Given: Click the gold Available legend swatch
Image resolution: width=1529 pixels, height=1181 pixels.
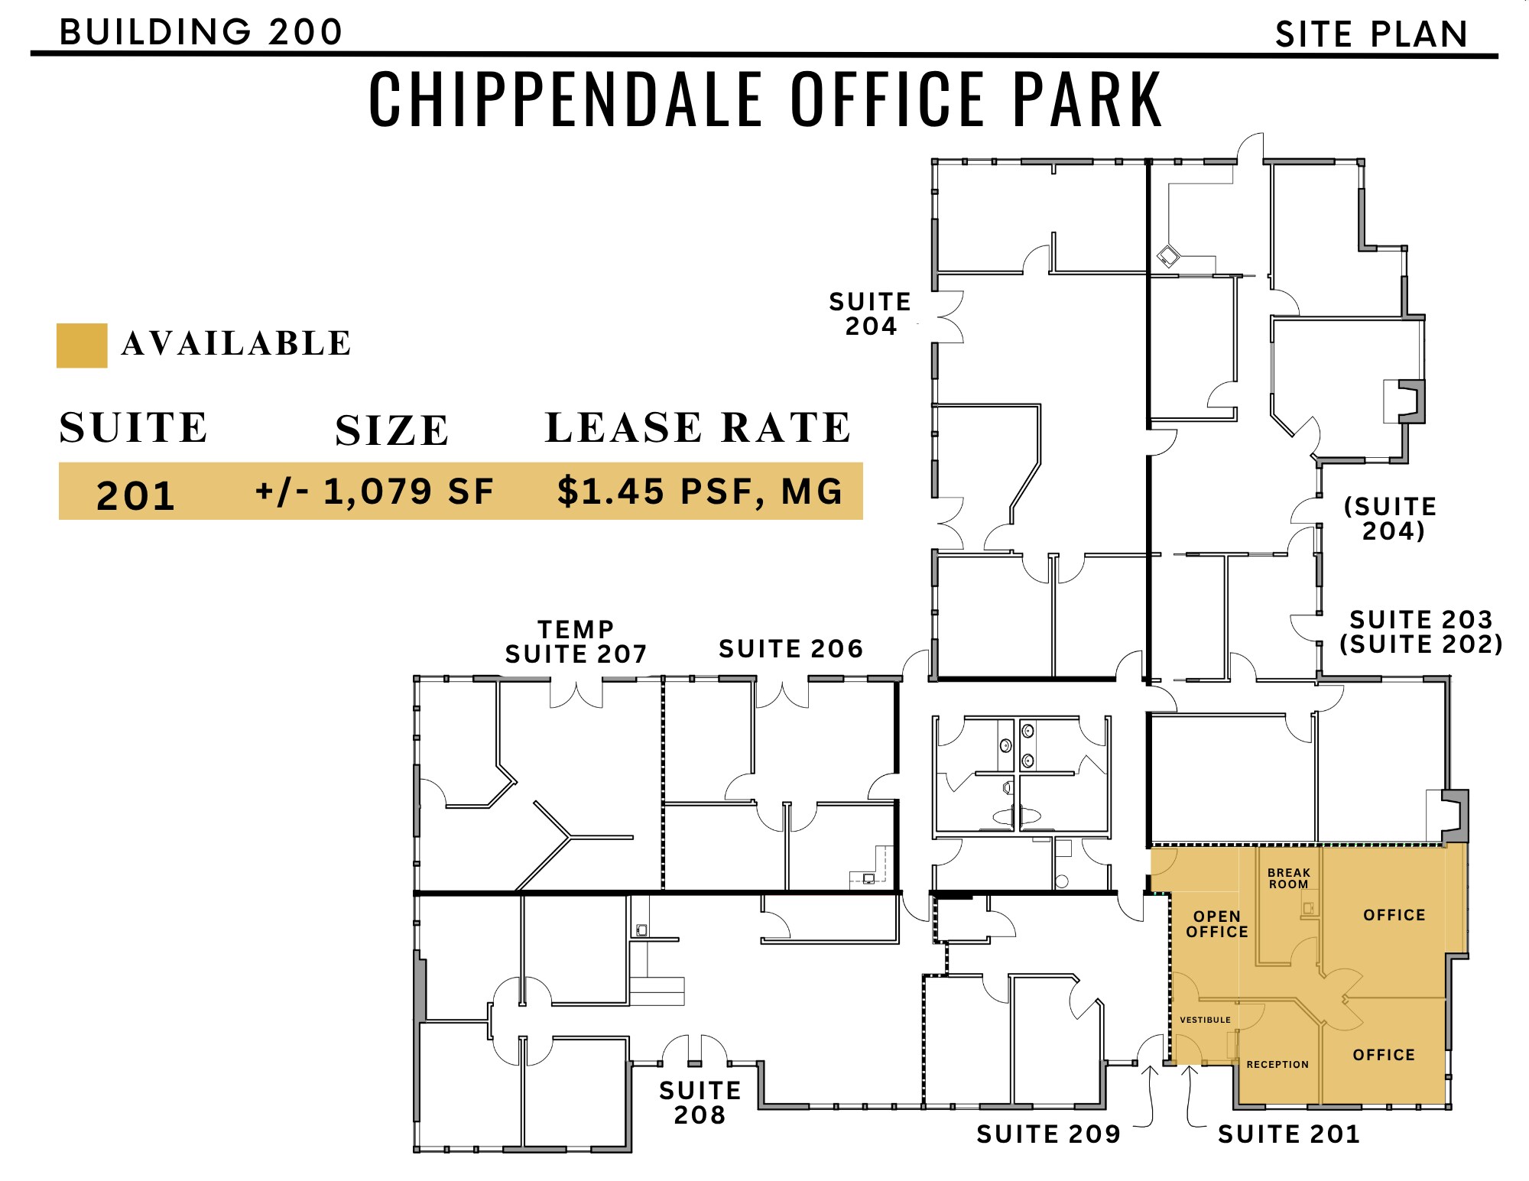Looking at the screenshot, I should coord(82,346).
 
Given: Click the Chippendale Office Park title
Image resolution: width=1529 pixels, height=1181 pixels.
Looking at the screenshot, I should coord(764,99).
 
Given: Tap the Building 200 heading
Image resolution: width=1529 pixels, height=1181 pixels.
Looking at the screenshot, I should coord(200,32).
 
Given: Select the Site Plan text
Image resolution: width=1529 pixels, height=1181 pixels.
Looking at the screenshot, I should coord(1372,34).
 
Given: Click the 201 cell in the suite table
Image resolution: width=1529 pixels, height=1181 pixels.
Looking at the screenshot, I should coord(135,495).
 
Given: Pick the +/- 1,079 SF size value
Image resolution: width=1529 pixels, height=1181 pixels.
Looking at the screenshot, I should coord(375,492).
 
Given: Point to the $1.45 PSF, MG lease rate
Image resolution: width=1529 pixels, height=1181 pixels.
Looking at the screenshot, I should coord(700,492).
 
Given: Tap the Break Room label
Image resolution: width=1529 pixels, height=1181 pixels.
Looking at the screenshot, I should coord(1289,878).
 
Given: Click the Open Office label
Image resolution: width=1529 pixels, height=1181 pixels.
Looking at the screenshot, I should coord(1217,923).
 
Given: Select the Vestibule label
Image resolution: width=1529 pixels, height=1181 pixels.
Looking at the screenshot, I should coord(1205,1020).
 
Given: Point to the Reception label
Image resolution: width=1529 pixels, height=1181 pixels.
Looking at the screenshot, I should coord(1277,1064).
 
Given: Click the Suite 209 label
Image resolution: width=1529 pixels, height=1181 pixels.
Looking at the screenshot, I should coord(1048,1134).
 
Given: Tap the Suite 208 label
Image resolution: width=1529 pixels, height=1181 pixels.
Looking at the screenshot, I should coord(700,1102).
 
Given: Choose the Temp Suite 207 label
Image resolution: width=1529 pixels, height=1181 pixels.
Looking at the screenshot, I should coord(576,642).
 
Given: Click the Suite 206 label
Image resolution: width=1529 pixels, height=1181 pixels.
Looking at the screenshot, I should coord(790,649).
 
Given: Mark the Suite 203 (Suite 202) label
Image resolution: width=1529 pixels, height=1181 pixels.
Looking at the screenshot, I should coord(1421,631).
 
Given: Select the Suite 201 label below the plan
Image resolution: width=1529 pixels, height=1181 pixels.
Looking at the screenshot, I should coord(1289,1134).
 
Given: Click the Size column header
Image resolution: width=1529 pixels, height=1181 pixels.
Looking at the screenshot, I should coord(391,430).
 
